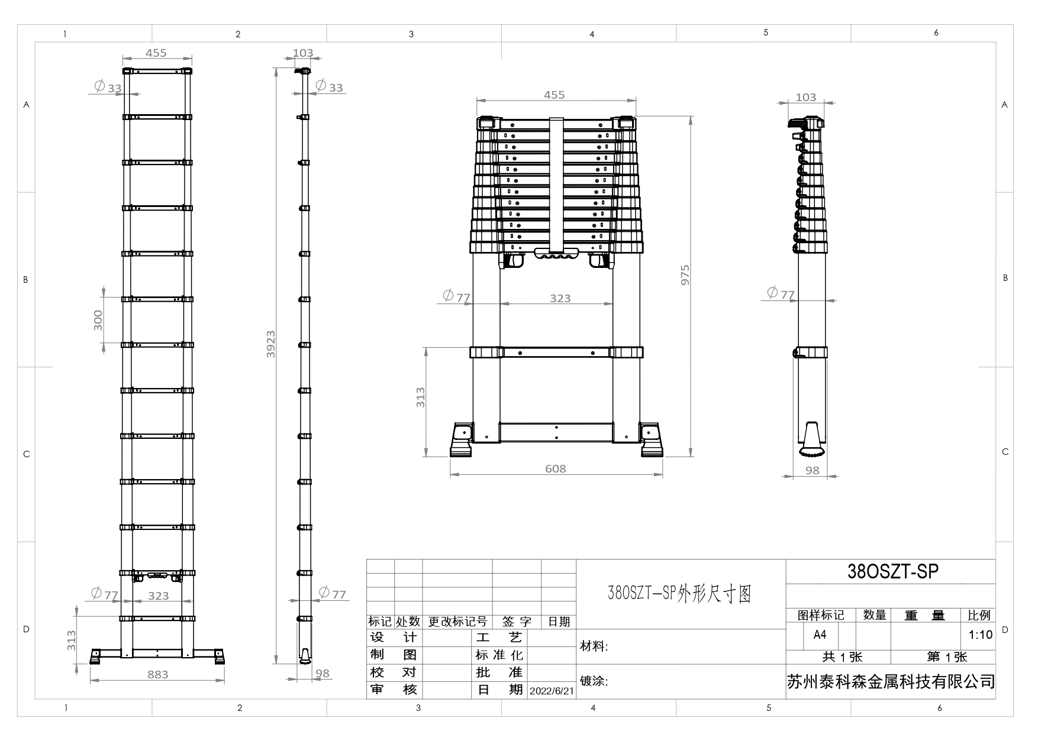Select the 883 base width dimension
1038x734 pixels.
click(158, 674)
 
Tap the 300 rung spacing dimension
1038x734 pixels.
click(98, 320)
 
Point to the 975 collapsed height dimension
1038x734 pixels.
click(685, 275)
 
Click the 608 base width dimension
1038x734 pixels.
click(556, 468)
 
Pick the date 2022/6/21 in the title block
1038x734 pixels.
click(552, 691)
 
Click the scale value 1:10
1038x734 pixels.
click(980, 635)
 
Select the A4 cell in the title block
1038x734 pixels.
click(820, 635)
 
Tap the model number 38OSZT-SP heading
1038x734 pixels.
click(893, 571)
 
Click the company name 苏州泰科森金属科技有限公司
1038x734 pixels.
click(891, 682)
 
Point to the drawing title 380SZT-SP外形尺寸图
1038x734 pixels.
click(679, 593)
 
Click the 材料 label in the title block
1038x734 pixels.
click(594, 646)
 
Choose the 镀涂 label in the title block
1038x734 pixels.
click(594, 681)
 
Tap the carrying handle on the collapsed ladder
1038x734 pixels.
click(557, 254)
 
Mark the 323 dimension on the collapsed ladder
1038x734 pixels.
click(560, 298)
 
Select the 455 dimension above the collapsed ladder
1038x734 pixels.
click(555, 95)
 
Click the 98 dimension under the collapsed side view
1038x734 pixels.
click(813, 470)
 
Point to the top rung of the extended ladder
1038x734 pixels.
click(157, 71)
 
